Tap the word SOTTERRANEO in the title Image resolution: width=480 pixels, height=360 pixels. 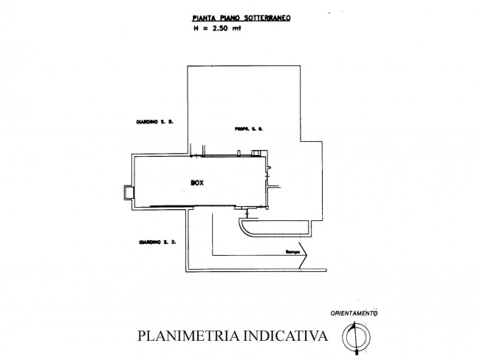tap(267, 18)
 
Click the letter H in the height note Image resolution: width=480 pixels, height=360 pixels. tap(196, 29)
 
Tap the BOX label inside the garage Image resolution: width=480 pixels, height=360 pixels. tap(197, 183)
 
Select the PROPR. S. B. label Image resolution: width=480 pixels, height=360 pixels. tap(249, 129)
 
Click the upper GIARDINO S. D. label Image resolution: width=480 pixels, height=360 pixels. tap(154, 122)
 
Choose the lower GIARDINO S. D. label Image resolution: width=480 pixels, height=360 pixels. tap(157, 242)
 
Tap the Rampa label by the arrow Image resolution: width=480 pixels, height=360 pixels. tap(292, 252)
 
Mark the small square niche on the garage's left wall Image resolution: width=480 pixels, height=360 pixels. tap(128, 193)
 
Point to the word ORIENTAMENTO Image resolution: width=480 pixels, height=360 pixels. tap(354, 313)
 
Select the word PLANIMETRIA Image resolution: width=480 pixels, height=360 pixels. tap(188, 336)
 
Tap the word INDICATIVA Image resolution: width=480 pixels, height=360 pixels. tap(285, 336)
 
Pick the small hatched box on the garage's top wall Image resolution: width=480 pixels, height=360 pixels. tap(256, 153)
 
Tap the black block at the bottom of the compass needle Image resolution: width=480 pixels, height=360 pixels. tap(357, 352)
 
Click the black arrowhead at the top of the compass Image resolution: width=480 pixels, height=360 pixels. tap(354, 325)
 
